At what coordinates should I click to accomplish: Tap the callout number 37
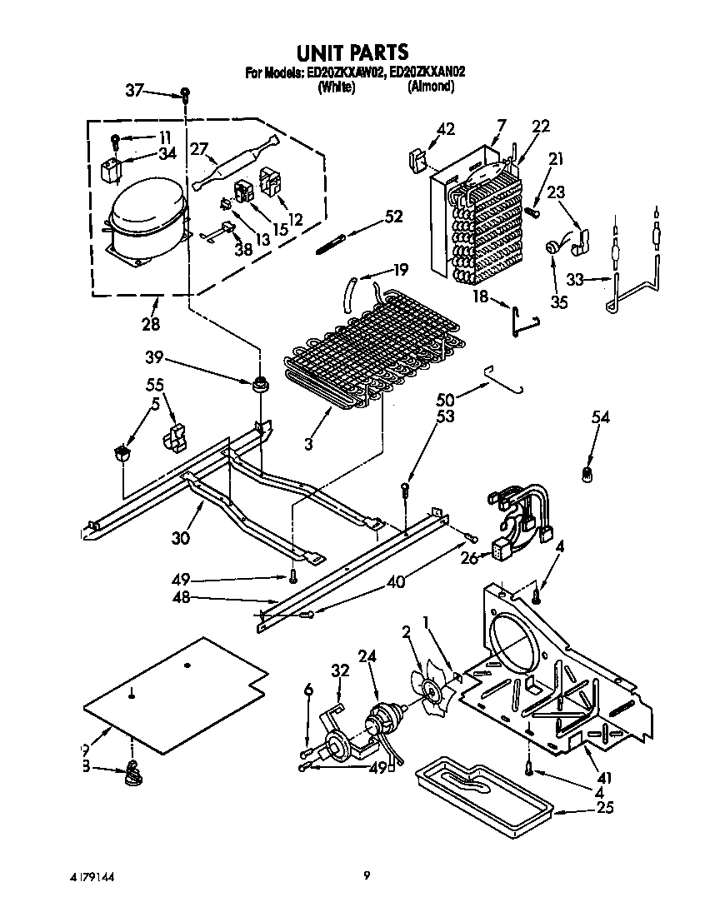135,90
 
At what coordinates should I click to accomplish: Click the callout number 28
150,323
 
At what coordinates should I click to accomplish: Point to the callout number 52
392,217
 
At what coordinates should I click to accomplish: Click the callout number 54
600,417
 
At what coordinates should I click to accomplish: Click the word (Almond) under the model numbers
430,86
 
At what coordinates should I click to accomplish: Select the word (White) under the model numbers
336,86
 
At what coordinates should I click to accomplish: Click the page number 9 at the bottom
366,875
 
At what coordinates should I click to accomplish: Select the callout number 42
446,128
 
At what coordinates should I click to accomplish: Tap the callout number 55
155,385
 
